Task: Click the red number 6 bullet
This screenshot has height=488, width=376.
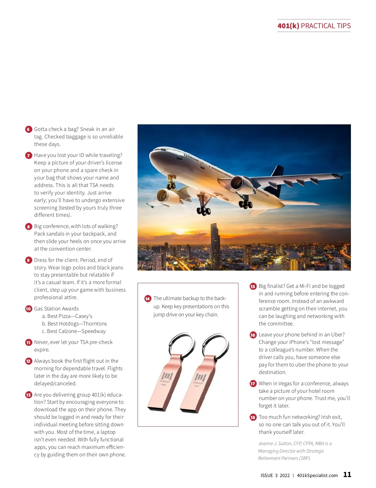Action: pos(29,129)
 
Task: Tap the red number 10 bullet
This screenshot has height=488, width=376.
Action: pos(29,309)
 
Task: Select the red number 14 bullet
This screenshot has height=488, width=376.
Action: pos(148,299)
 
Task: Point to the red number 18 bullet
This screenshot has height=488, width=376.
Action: pos(253,417)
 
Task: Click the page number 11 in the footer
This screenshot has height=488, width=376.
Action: pos(347,475)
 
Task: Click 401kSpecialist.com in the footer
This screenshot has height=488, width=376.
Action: pos(317,475)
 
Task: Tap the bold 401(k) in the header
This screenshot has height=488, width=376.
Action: pos(288,26)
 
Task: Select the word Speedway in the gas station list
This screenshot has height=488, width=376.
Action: pos(93,331)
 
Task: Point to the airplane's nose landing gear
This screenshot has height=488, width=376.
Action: pos(171,183)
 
